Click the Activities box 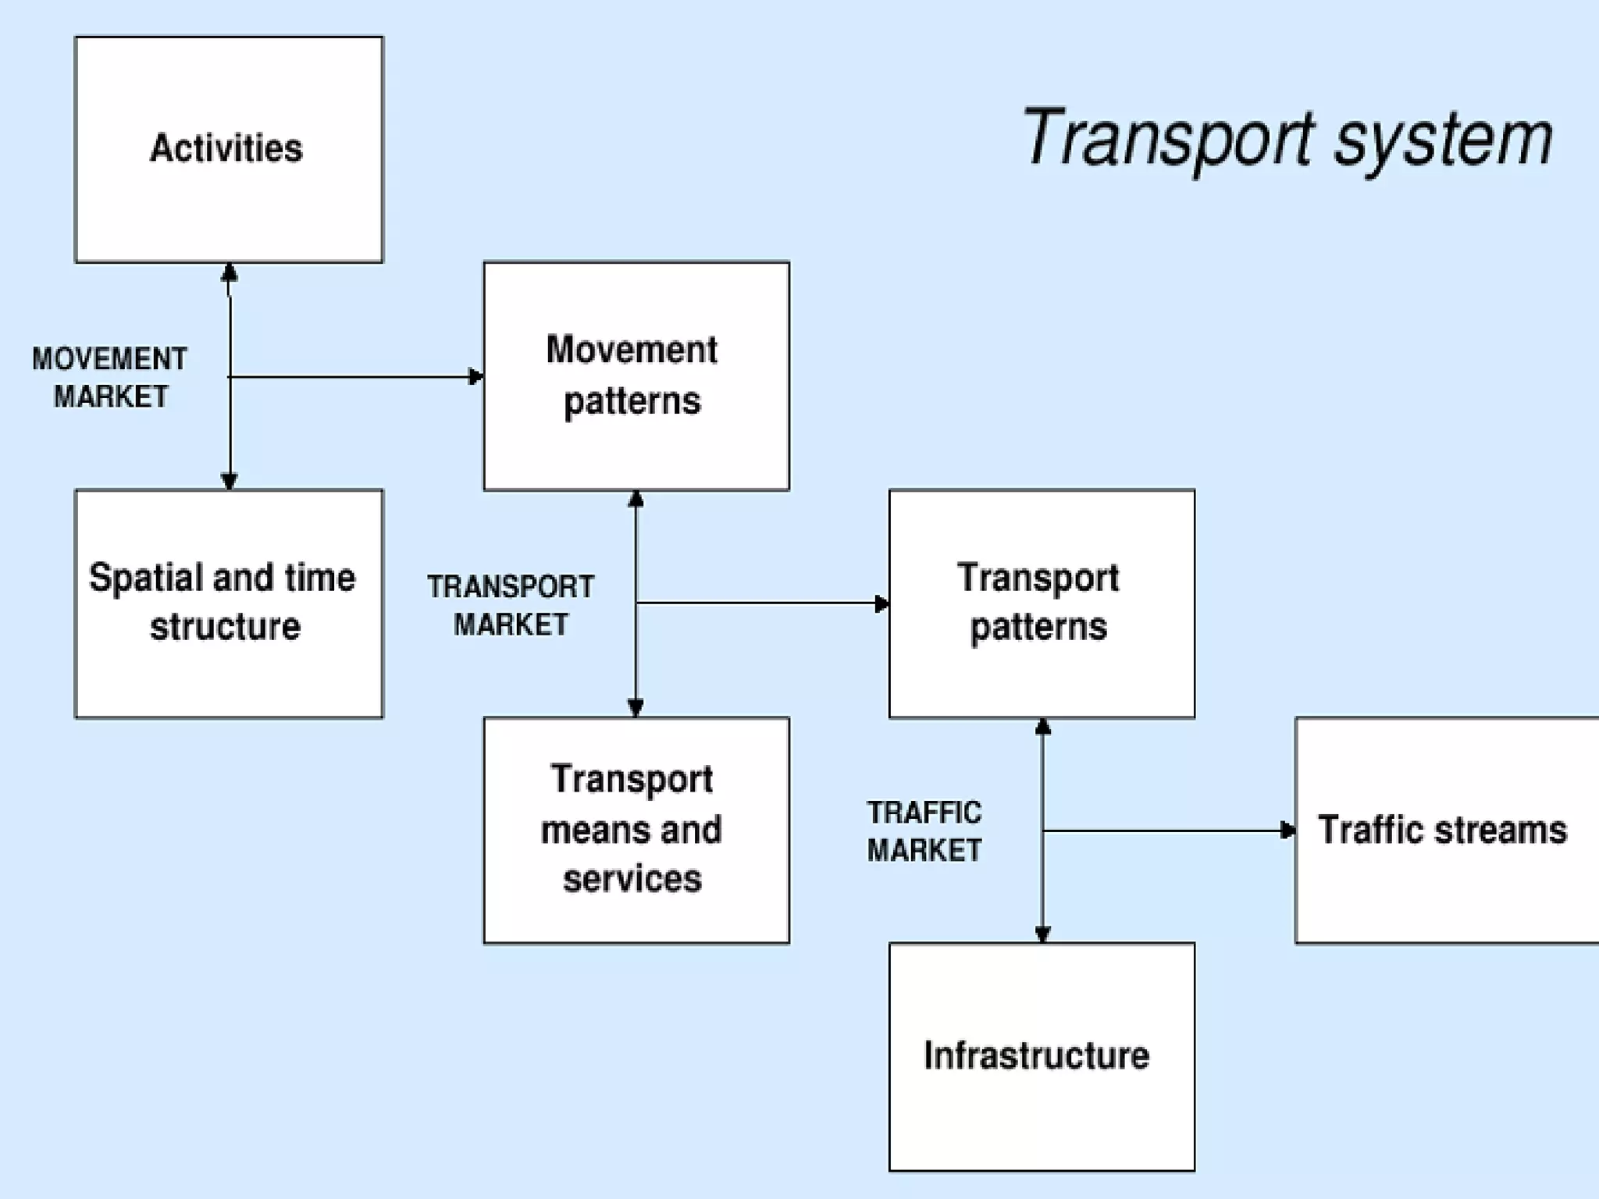[228, 149]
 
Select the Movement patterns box [636, 375]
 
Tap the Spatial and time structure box [228, 603]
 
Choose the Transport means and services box [636, 830]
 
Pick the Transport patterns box [1042, 603]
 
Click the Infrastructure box [1042, 1056]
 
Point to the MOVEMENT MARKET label [110, 378]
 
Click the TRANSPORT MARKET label [511, 605]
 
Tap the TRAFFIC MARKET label [924, 831]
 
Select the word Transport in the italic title [1168, 139]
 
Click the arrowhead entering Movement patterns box [475, 377]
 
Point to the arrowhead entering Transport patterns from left [881, 603]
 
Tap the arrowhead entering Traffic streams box [1287, 831]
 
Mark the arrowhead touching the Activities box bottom [229, 272]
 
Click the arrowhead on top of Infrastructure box [1042, 933]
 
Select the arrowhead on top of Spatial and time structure [229, 480]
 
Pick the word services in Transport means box [632, 879]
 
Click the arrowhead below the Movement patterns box [636, 500]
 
